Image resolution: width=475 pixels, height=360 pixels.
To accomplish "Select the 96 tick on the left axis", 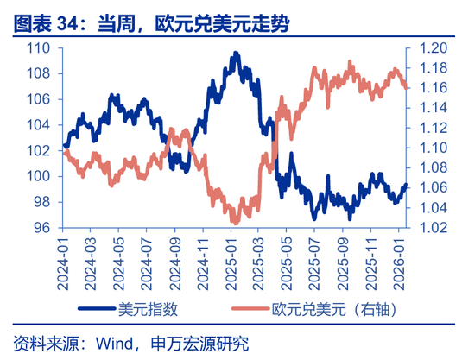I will (41, 228).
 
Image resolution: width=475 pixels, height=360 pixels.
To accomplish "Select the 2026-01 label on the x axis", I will (401, 258).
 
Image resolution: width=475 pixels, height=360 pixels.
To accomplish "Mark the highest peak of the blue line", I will (236, 54).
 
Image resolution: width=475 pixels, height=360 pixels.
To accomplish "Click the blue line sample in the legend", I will (100, 308).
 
